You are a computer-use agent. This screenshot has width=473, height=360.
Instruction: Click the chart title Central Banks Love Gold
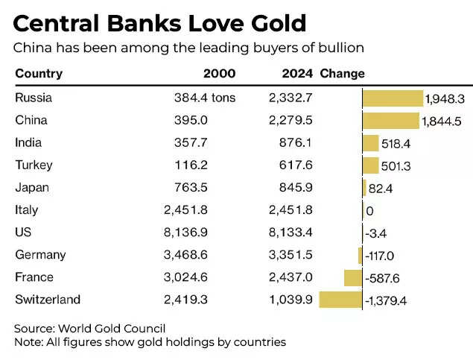point(160,23)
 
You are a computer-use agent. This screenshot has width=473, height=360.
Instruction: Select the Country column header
point(39,74)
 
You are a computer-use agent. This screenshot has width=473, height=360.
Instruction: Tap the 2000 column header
point(219,74)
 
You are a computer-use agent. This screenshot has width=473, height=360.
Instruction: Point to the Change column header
point(342,74)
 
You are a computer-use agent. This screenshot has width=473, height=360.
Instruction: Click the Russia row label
point(34,98)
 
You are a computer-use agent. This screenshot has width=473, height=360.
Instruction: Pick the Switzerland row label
point(48,300)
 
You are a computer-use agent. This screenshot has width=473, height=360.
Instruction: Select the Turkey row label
point(34,165)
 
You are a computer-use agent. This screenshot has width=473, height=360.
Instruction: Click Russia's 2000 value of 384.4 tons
point(205,98)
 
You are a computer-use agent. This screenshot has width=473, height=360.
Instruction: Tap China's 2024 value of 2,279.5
point(290,120)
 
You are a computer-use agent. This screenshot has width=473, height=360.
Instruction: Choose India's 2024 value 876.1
point(296,142)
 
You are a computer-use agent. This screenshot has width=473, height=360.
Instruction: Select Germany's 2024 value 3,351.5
point(290,255)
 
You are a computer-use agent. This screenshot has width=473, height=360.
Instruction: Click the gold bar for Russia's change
point(392,98)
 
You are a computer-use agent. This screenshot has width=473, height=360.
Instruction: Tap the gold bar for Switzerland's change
point(340,300)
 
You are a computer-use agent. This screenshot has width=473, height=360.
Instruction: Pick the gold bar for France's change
point(352,277)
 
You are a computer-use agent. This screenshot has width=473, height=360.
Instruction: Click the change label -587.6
point(384,278)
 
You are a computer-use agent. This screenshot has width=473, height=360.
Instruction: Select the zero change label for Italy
point(369,211)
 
